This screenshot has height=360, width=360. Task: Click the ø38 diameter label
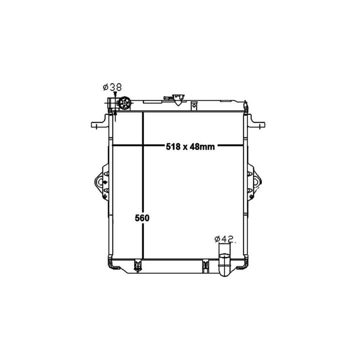[112, 87]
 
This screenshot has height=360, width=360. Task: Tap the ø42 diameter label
[224, 239]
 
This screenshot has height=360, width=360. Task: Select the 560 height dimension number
[142, 218]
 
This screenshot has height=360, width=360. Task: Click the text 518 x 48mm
[190, 146]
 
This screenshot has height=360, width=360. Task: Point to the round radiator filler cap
[124, 103]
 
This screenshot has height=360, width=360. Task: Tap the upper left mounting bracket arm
[100, 121]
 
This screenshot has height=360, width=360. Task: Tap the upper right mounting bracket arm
[256, 121]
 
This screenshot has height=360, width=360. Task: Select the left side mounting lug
[101, 182]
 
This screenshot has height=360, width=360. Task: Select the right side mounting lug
[254, 182]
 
